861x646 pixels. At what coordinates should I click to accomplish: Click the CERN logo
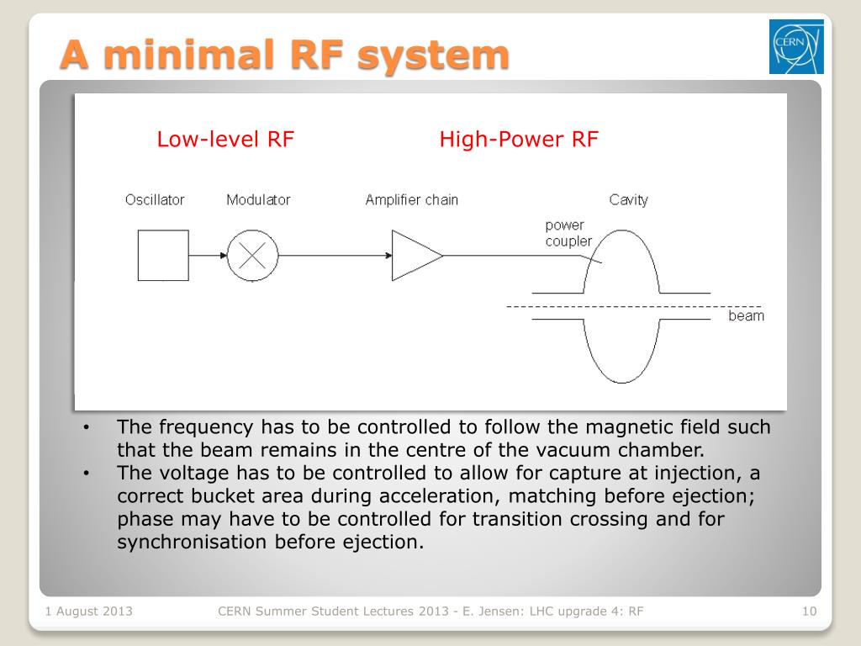pyautogui.click(x=795, y=46)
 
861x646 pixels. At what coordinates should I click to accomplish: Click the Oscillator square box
pyautogui.click(x=163, y=256)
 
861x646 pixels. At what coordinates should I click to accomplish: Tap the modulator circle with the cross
pyautogui.click(x=252, y=256)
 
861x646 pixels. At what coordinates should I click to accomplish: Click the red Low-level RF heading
pyautogui.click(x=225, y=140)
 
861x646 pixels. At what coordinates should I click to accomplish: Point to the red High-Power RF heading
pyautogui.click(x=518, y=140)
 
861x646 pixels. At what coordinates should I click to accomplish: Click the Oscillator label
pyautogui.click(x=155, y=200)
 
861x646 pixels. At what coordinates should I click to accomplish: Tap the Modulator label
pyautogui.click(x=258, y=200)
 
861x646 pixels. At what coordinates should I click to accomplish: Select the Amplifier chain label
pyautogui.click(x=412, y=200)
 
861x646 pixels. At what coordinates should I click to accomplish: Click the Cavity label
pyautogui.click(x=629, y=200)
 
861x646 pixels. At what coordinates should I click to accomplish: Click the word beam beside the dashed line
pyautogui.click(x=746, y=316)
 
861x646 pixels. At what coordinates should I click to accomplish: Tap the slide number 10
pyautogui.click(x=810, y=612)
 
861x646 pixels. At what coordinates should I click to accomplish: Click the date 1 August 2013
pyautogui.click(x=88, y=612)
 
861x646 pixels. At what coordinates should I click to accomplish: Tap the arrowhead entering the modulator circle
pyautogui.click(x=222, y=256)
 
